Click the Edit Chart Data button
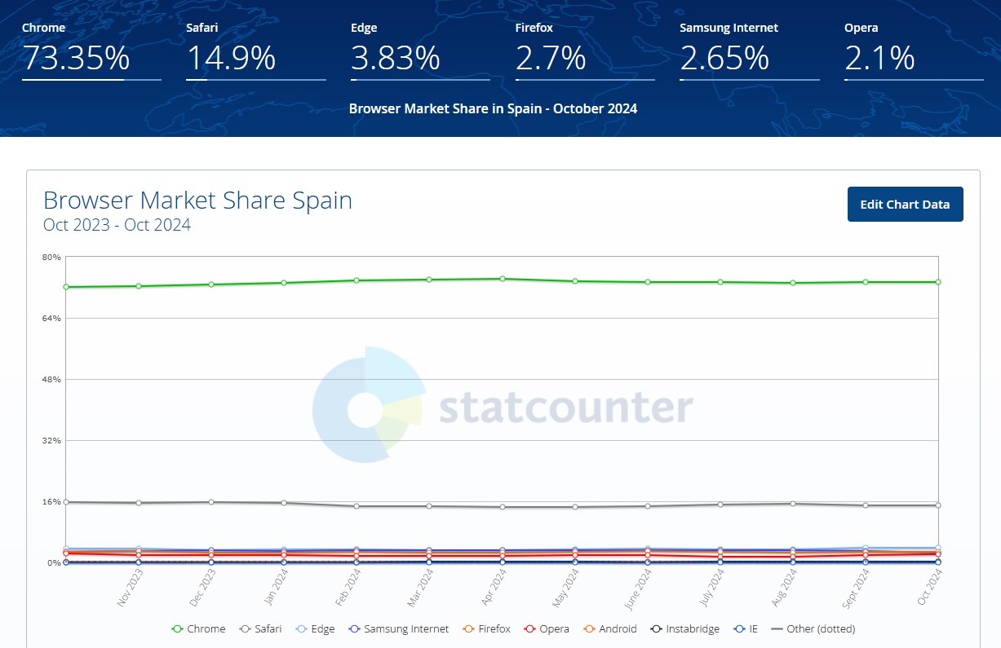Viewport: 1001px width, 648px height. pos(905,205)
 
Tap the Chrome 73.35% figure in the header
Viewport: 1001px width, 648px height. pos(75,59)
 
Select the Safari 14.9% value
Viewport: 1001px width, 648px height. pos(231,59)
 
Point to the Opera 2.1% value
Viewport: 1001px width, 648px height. pos(879,59)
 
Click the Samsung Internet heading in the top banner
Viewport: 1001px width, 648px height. pos(729,28)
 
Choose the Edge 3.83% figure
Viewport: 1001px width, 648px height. pos(396,59)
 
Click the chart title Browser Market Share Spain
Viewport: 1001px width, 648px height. pos(197,201)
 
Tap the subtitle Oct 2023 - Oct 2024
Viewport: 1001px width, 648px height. pos(117,225)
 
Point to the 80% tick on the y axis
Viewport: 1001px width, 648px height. pos(51,258)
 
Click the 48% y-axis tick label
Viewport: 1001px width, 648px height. pos(51,380)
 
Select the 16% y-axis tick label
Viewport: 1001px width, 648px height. pos(51,502)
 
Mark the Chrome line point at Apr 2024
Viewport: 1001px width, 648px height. pos(503,279)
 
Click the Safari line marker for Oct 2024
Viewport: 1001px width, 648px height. pos(938,505)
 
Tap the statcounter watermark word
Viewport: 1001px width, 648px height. pos(565,408)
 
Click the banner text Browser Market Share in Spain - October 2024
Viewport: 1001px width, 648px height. pos(493,108)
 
